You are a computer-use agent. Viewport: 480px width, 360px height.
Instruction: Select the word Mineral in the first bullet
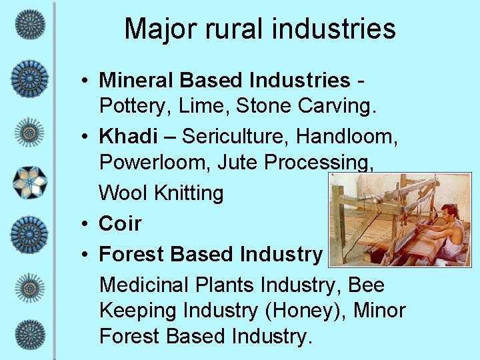pos(137,81)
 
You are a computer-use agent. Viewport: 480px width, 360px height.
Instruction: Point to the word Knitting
pos(189,193)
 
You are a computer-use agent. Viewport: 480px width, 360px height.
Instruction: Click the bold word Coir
pos(120,224)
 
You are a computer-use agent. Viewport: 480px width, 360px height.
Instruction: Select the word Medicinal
pos(144,285)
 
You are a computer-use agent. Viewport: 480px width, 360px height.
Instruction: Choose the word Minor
pos(380,311)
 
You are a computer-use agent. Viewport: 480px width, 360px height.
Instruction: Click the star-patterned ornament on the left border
pos(29,182)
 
